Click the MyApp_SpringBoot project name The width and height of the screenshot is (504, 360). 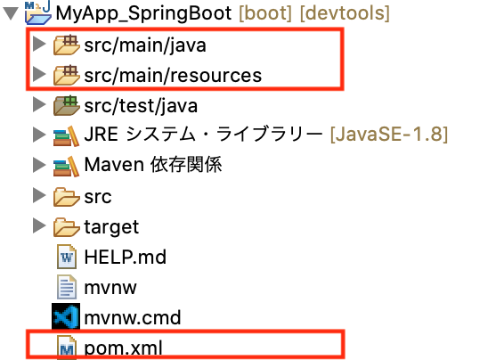click(143, 13)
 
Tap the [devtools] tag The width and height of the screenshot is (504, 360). click(345, 13)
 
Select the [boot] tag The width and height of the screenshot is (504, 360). click(265, 13)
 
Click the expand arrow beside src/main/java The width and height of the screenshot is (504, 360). click(39, 44)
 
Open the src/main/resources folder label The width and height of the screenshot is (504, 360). click(173, 75)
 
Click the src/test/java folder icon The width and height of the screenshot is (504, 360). click(66, 105)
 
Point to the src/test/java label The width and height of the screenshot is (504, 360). click(141, 106)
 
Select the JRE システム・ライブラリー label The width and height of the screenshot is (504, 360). click(203, 135)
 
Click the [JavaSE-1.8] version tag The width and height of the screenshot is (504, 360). click(389, 135)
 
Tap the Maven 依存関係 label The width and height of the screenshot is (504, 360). click(153, 165)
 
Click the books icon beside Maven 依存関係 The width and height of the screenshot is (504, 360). click(66, 166)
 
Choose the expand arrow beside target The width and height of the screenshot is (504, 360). click(39, 225)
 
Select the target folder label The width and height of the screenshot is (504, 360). click(111, 227)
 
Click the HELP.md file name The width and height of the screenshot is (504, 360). click(126, 257)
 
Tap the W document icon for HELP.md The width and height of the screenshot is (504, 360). click(67, 257)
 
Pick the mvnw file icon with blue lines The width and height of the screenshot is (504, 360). click(67, 287)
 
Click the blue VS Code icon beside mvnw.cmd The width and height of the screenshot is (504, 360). click(66, 316)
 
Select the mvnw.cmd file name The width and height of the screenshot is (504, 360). click(133, 317)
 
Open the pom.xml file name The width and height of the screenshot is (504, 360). click(123, 348)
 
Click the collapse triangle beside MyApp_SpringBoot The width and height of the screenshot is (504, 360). click(11, 13)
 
